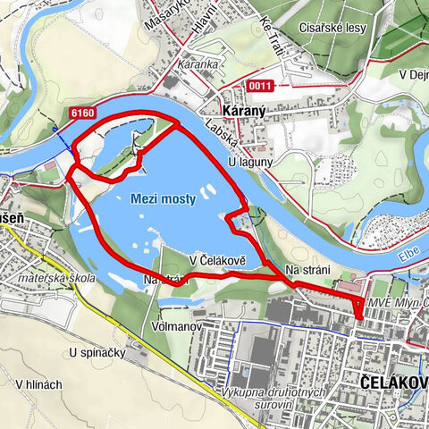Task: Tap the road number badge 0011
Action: pyautogui.click(x=260, y=86)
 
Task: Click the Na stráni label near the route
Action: pyautogui.click(x=307, y=270)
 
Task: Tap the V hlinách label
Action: pyautogui.click(x=38, y=383)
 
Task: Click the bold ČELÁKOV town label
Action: pyautogui.click(x=392, y=383)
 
